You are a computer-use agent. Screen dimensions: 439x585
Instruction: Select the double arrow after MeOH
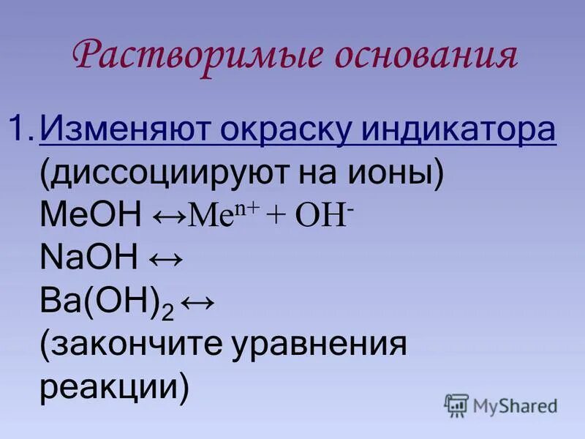coord(170,217)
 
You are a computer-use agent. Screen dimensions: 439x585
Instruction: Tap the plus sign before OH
coord(278,218)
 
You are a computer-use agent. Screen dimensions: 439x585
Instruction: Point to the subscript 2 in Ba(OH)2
coord(167,310)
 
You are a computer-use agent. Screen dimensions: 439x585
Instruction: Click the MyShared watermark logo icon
coord(456,405)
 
